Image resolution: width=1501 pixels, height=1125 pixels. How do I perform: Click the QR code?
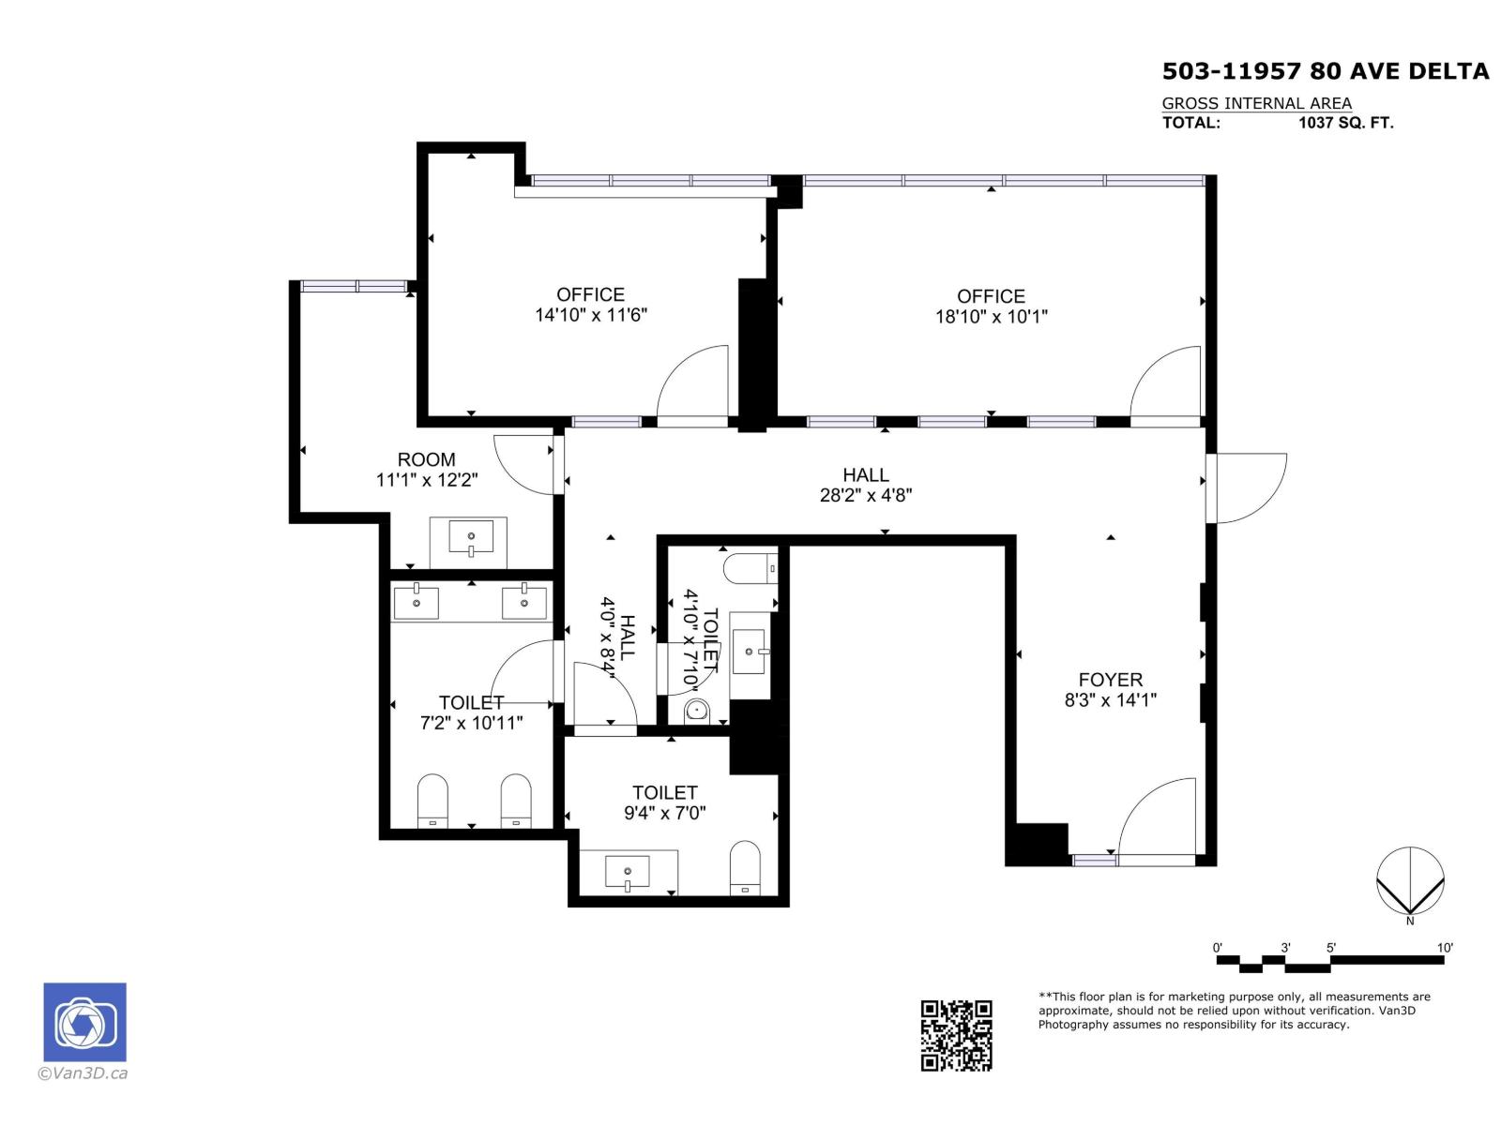click(955, 1034)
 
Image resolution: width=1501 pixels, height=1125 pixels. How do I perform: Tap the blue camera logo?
click(84, 1021)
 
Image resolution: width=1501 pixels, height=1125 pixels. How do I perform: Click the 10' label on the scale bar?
click(1444, 948)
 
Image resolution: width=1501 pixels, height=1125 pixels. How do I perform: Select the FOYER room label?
click(1110, 680)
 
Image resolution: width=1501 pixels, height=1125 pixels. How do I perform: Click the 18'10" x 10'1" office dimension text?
click(991, 316)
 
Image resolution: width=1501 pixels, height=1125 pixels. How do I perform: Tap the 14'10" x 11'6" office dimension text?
click(590, 314)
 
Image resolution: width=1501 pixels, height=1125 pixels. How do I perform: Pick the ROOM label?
click(426, 459)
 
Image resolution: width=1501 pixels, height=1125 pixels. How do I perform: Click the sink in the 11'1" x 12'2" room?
click(471, 537)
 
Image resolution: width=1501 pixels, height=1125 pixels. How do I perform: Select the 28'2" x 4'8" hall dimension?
click(865, 495)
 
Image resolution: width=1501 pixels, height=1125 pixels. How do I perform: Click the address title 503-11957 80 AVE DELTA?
click(1325, 71)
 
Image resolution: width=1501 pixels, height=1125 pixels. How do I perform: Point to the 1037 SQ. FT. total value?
click(1345, 123)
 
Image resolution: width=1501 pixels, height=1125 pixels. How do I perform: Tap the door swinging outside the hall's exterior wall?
click(1246, 487)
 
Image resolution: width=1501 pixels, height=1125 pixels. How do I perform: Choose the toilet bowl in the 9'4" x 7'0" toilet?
click(744, 867)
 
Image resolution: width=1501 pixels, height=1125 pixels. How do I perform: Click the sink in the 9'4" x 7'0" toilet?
click(627, 872)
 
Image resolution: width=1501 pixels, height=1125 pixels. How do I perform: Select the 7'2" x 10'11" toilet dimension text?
click(471, 722)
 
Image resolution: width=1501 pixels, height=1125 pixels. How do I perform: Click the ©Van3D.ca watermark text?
click(83, 1073)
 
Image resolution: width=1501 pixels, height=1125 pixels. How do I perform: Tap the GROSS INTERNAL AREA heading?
click(1256, 103)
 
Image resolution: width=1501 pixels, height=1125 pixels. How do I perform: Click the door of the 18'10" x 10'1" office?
click(1164, 383)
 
